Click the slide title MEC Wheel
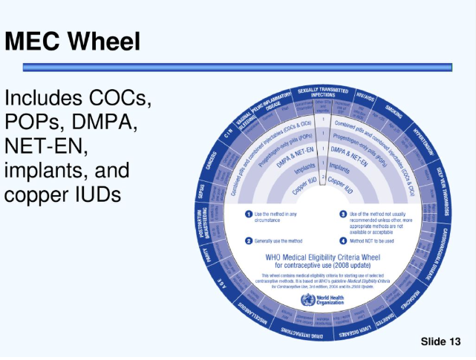(73, 41)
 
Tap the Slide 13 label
(441, 341)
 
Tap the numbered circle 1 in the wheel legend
(249, 215)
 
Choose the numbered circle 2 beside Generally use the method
(249, 240)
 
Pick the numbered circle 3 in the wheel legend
(343, 215)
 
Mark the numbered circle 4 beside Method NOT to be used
(343, 240)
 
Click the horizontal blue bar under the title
(238, 67)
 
